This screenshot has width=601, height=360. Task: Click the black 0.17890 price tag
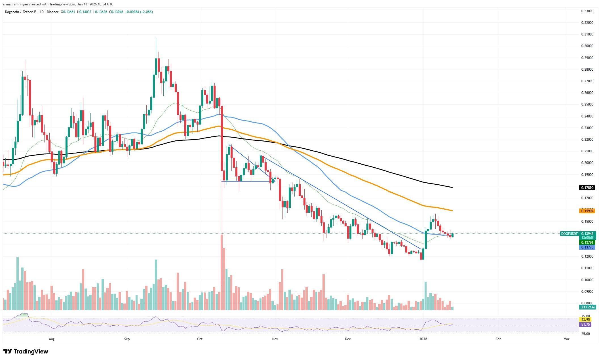[x=586, y=188]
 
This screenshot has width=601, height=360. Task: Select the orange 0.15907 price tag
[x=586, y=211]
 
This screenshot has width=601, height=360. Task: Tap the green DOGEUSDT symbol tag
[x=569, y=234]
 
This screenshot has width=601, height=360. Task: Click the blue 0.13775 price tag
[x=586, y=247]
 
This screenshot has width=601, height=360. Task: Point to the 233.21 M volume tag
[x=586, y=307]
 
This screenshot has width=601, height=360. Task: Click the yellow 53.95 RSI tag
[x=583, y=319]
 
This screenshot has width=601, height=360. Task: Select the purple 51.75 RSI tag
[x=583, y=324]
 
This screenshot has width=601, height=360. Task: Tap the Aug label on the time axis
[x=51, y=339]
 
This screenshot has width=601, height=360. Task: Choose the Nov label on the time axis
[x=274, y=339]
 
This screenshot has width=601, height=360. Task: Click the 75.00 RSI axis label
[x=583, y=316]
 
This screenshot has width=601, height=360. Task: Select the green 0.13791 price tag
[x=586, y=243]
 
